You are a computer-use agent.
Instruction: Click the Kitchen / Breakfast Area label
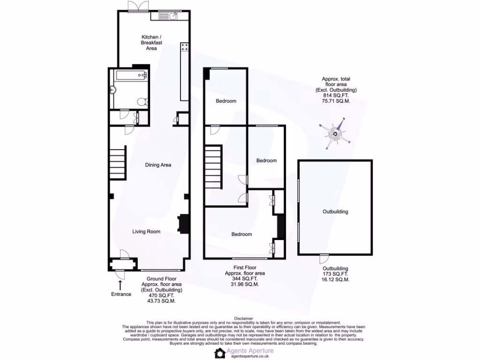pyautogui.click(x=152, y=43)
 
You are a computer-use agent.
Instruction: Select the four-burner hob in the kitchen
pyautogui.click(x=184, y=47)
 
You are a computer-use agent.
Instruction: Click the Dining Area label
pyautogui.click(x=158, y=165)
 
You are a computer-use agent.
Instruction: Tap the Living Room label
pyautogui.click(x=146, y=232)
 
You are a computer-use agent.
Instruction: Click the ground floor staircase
pyautogui.click(x=118, y=163)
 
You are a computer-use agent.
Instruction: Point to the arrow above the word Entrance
pyautogui.click(x=120, y=285)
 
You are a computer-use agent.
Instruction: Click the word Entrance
pyautogui.click(x=121, y=294)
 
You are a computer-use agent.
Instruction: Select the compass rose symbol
pyautogui.click(x=336, y=135)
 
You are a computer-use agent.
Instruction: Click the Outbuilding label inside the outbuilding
pyautogui.click(x=335, y=212)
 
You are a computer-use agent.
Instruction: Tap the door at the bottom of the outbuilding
pyautogui.click(x=323, y=258)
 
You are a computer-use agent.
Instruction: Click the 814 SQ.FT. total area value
pyautogui.click(x=336, y=95)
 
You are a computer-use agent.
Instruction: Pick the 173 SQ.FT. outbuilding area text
pyautogui.click(x=336, y=274)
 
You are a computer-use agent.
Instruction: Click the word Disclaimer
pyautogui.click(x=243, y=318)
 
